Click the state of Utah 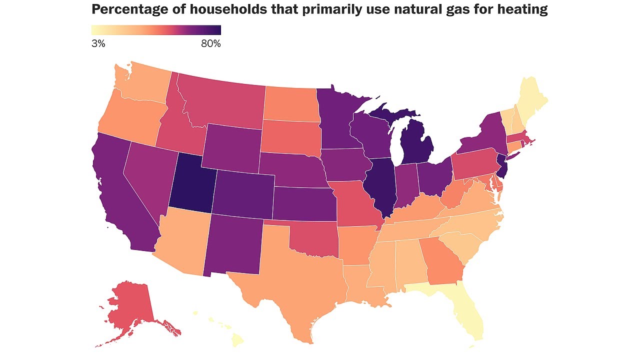(x=191, y=185)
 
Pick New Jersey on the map (x=502, y=166)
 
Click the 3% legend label (x=98, y=43)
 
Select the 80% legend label (x=211, y=43)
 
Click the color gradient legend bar (x=156, y=30)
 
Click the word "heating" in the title (x=522, y=9)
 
